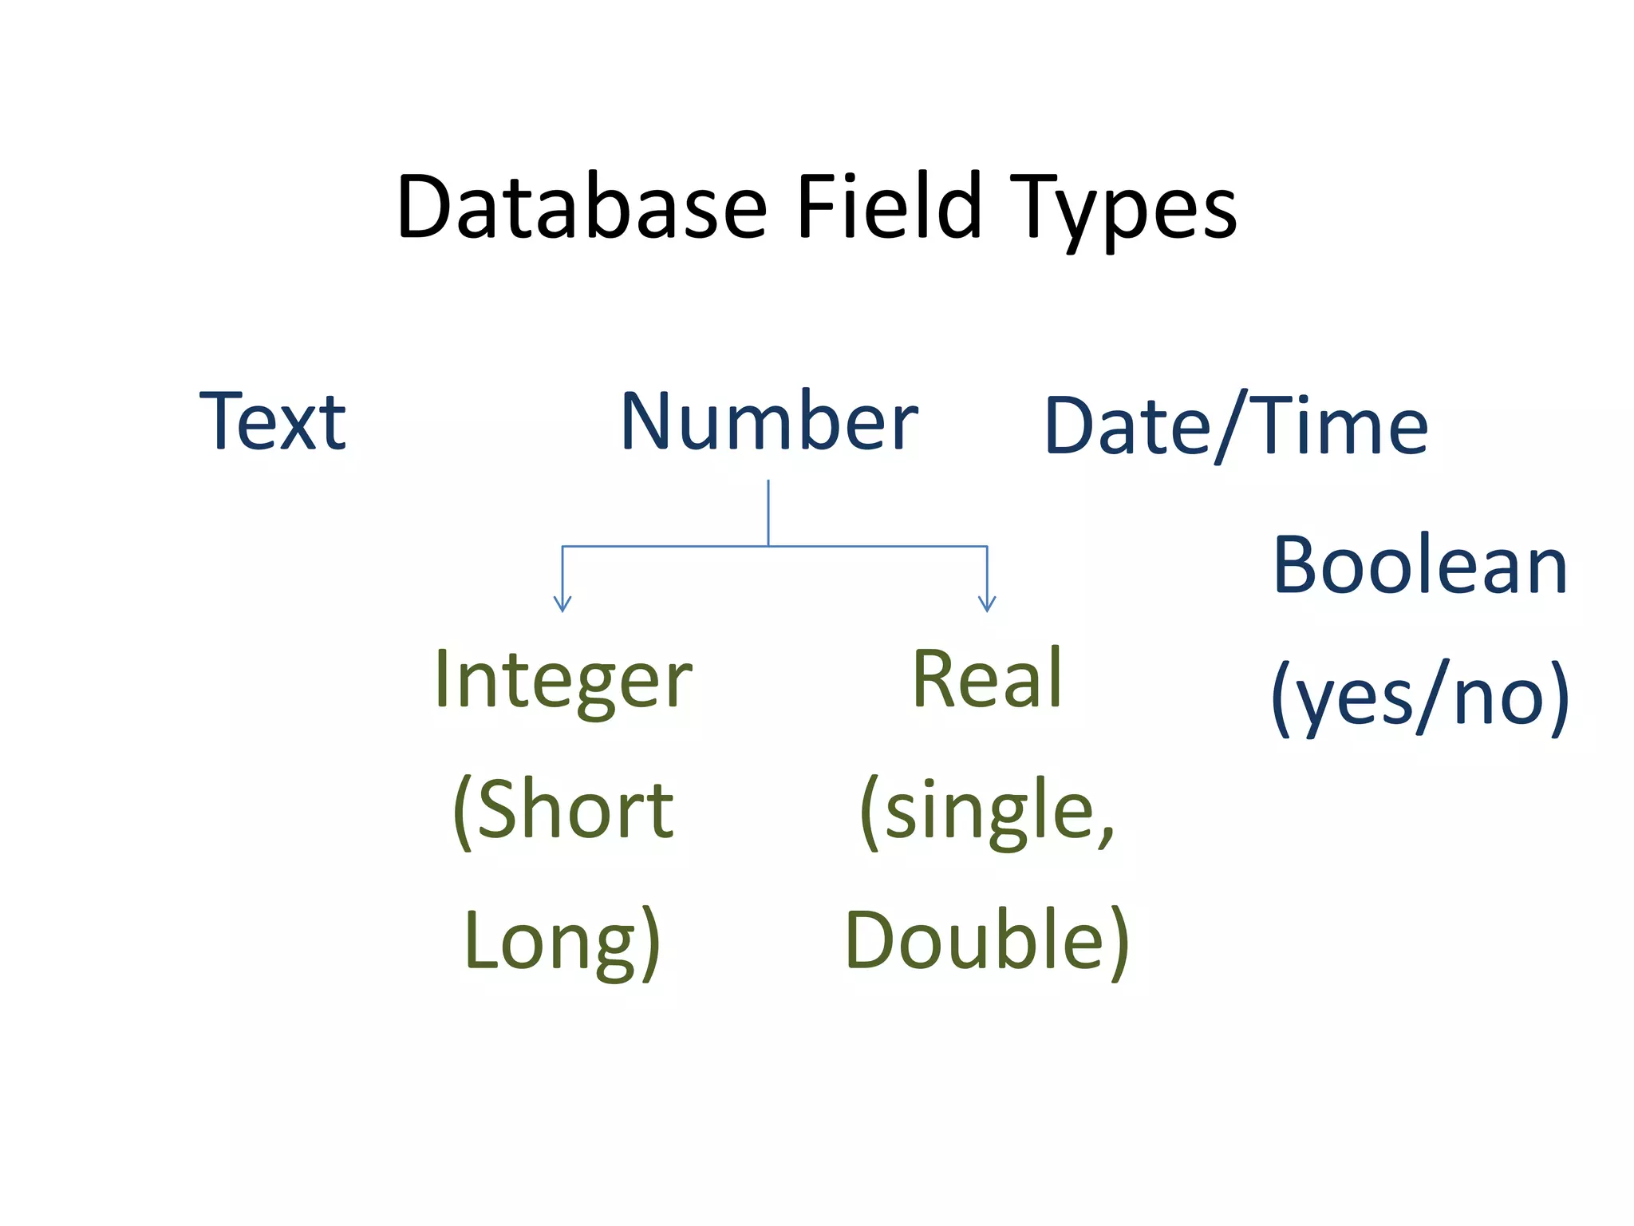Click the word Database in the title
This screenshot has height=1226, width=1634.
(x=582, y=208)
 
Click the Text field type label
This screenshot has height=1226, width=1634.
(x=273, y=422)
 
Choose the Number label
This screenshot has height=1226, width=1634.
(x=769, y=422)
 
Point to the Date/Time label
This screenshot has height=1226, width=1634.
(x=1236, y=427)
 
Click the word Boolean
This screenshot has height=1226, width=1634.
(x=1420, y=566)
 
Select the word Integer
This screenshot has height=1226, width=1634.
(x=563, y=680)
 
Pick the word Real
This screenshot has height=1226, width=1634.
(x=987, y=679)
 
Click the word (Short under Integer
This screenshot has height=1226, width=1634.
(x=563, y=810)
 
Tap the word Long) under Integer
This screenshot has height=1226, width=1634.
(x=563, y=941)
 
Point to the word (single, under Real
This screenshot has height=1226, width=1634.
(x=987, y=811)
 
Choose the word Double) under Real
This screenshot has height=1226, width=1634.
(x=987, y=941)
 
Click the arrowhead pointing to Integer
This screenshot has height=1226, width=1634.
(x=562, y=604)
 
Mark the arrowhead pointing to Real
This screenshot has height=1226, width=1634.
(x=987, y=604)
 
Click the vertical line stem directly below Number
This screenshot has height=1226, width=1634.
(x=768, y=511)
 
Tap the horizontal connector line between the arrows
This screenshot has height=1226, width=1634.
(x=878, y=546)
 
